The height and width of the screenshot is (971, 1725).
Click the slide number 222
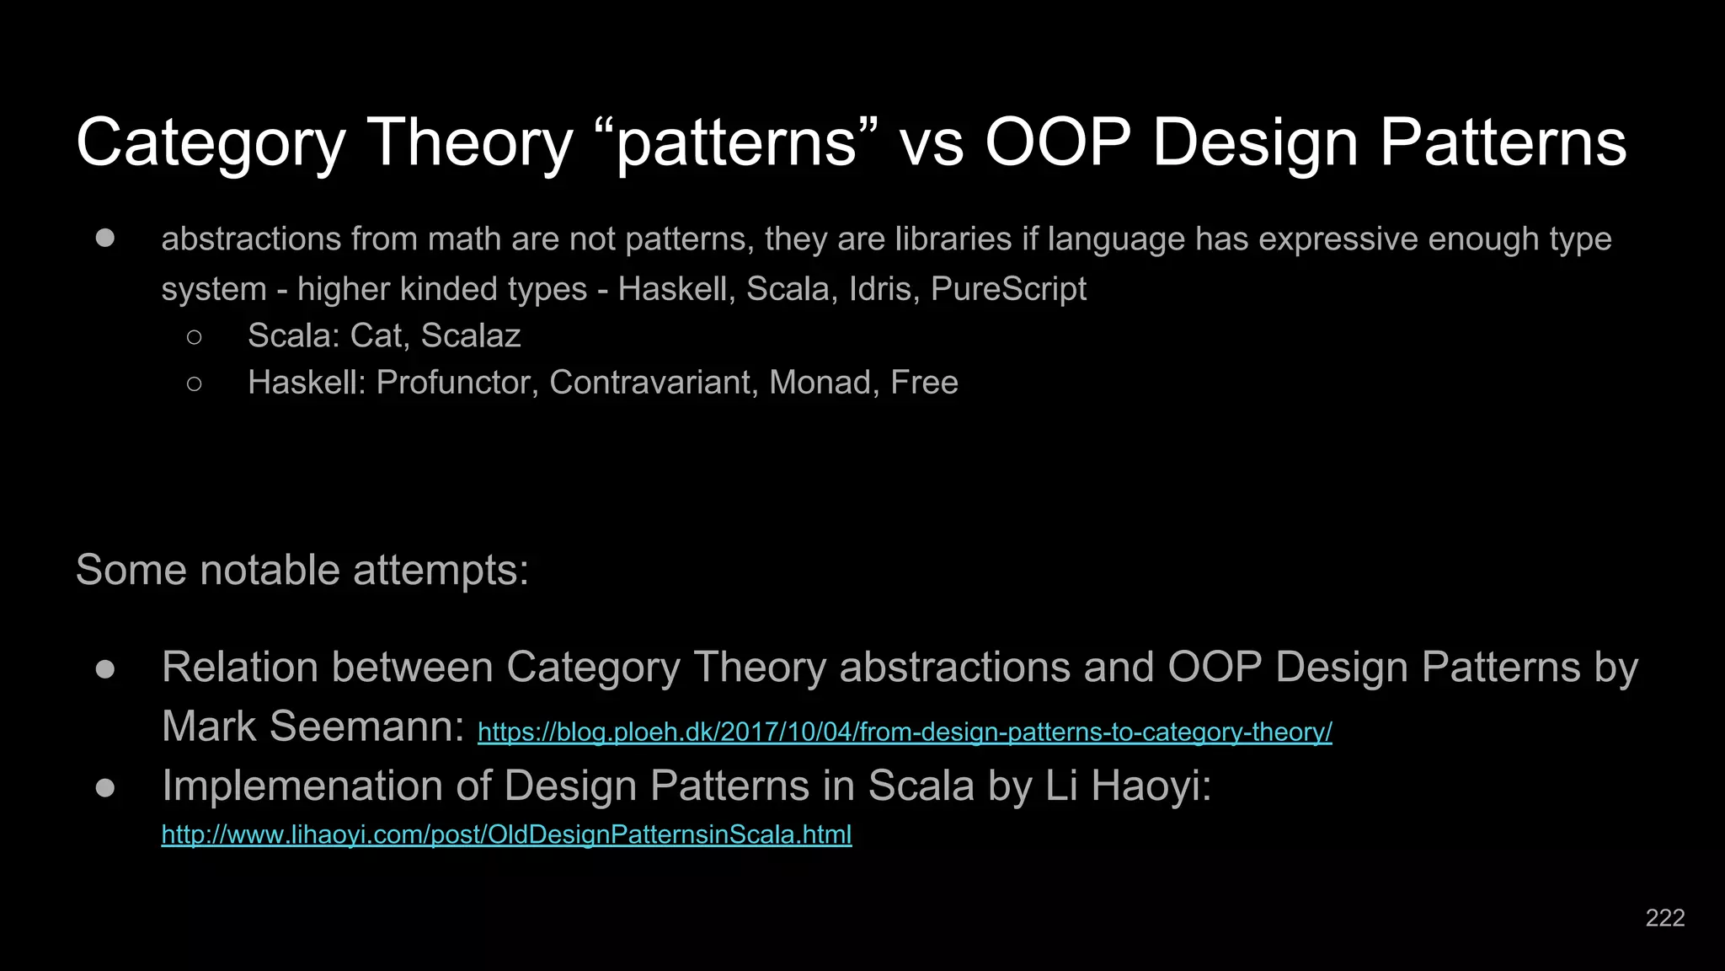point(1664,918)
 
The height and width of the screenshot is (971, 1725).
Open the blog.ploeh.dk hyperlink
point(904,732)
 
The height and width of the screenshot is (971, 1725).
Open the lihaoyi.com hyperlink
point(506,834)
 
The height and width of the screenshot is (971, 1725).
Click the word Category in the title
point(211,143)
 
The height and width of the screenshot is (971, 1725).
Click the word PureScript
point(1008,289)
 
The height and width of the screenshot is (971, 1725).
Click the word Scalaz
point(470,335)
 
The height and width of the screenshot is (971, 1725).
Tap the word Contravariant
point(651,383)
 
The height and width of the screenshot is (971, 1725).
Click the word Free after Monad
point(924,383)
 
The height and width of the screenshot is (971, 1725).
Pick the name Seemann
point(367,727)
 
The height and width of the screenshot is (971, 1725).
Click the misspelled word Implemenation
point(302,786)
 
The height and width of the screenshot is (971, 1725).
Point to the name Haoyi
point(1151,786)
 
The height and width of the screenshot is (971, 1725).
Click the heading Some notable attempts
point(302,571)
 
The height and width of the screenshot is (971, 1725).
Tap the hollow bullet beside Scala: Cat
point(195,337)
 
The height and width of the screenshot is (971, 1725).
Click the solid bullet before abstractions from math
point(105,239)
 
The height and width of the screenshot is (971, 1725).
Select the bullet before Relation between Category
point(105,669)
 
